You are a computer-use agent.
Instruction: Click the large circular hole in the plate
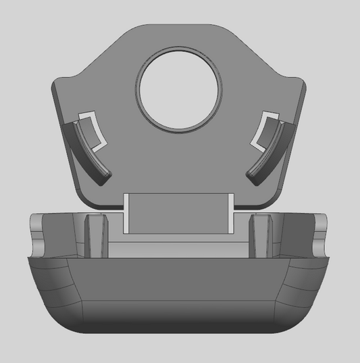click(x=180, y=89)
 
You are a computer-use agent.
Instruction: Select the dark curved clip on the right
click(x=270, y=152)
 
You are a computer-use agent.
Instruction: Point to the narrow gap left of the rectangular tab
click(x=126, y=214)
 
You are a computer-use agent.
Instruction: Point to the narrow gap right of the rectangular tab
click(x=232, y=214)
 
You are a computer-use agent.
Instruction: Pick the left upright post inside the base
click(x=96, y=235)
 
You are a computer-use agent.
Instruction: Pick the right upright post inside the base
click(x=262, y=235)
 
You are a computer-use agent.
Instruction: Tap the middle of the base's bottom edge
click(x=180, y=335)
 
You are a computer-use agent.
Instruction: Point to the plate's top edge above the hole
click(x=180, y=26)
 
